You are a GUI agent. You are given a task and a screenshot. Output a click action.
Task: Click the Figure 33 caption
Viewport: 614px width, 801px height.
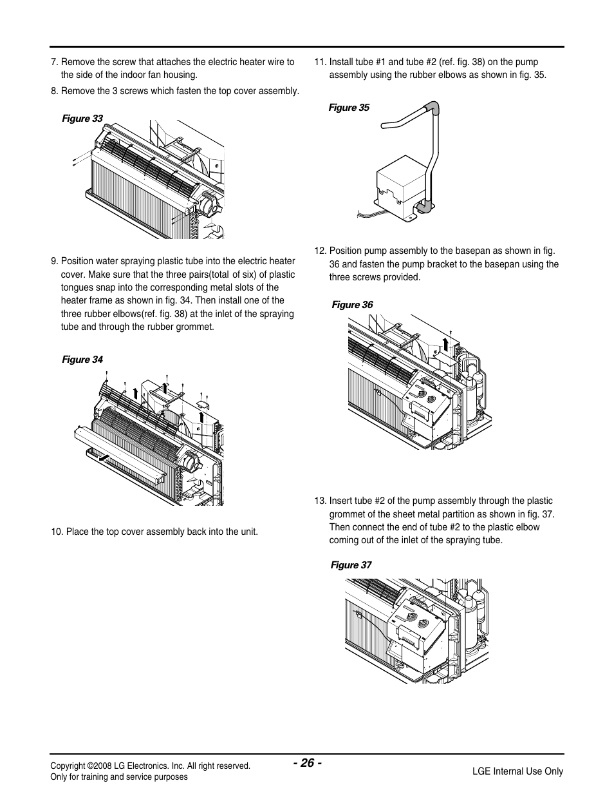(82, 119)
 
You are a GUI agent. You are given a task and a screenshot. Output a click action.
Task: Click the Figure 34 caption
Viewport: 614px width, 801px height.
(82, 360)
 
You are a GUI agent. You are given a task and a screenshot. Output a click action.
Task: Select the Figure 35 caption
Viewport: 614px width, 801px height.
(349, 108)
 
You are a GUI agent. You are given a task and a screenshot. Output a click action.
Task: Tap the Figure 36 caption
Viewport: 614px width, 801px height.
(352, 305)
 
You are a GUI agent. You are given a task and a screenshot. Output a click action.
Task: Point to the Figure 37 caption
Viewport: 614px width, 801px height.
(351, 565)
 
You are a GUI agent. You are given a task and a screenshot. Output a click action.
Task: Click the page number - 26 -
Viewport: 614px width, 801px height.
(307, 763)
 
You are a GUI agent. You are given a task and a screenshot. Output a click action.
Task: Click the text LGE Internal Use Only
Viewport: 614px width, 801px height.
(517, 771)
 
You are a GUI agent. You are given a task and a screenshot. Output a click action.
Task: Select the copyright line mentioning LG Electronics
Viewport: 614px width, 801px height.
(150, 766)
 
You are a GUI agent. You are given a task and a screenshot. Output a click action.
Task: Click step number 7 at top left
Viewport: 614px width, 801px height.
(54, 62)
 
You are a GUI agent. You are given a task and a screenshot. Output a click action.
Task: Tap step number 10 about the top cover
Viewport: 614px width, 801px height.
(57, 532)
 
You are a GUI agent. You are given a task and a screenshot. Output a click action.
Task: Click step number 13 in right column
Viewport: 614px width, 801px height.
(319, 501)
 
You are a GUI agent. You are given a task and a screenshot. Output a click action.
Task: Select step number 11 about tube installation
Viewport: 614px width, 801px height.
(319, 62)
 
